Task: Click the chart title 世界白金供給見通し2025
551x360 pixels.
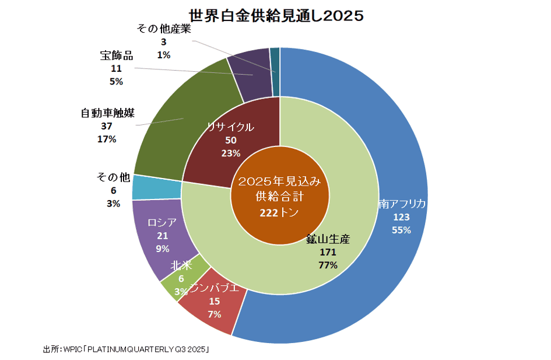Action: [x=276, y=15]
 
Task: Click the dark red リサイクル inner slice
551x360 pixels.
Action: [x=227, y=140]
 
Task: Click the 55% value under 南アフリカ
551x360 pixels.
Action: [x=401, y=230]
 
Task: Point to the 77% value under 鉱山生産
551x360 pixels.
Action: [x=328, y=265]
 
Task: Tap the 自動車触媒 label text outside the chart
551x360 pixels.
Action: [x=107, y=113]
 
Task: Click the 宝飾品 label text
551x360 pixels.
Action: [x=116, y=56]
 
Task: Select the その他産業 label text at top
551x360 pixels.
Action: [x=163, y=29]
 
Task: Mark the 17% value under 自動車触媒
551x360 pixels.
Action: [x=107, y=139]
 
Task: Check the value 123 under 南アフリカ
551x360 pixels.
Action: [x=401, y=217]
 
